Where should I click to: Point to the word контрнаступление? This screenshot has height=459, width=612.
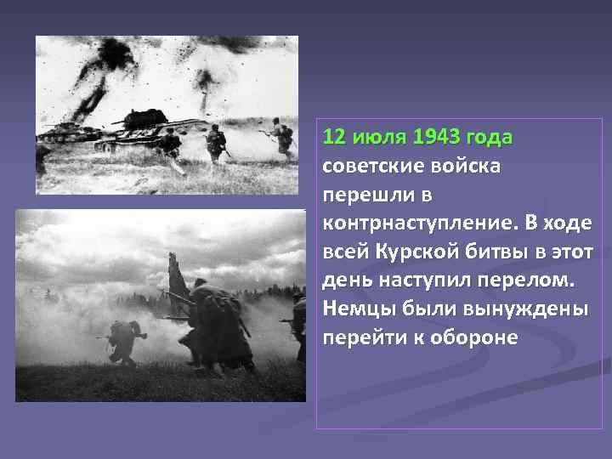click(417, 224)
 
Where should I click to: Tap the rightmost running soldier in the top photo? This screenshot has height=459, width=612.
click(281, 138)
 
